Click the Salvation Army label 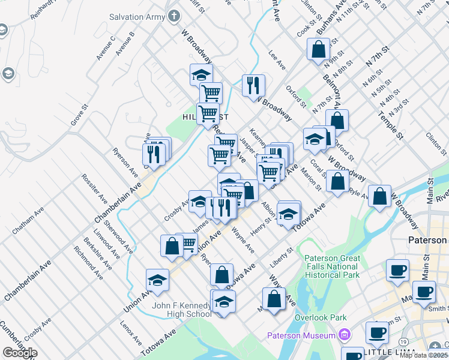137,17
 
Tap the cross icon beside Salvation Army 174,16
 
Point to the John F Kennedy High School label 181,310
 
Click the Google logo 20,352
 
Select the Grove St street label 79,115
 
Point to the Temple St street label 390,124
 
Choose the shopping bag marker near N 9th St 318,49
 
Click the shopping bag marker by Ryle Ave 379,196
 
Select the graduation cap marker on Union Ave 157,280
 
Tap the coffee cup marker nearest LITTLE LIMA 378,332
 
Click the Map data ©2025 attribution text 424,355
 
